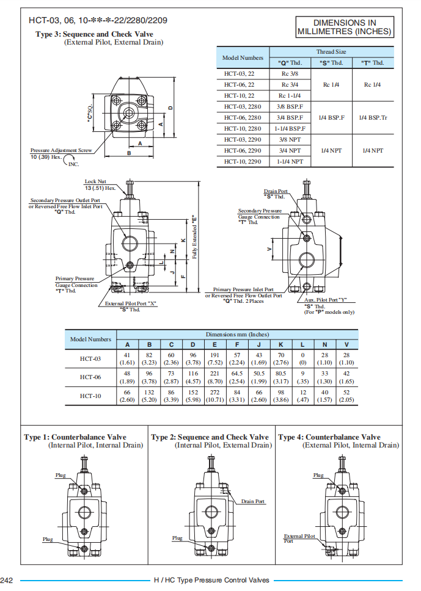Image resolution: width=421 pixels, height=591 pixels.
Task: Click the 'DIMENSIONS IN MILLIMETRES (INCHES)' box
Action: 345,27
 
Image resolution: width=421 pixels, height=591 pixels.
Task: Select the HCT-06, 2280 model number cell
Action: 243,117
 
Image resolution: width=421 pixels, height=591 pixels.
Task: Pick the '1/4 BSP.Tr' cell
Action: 373,117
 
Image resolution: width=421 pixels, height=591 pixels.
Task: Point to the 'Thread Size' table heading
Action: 331,52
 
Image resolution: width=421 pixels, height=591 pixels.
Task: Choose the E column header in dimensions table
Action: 215,345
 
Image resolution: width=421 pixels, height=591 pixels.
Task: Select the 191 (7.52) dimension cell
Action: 215,358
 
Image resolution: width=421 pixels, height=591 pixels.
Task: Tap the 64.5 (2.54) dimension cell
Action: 237,377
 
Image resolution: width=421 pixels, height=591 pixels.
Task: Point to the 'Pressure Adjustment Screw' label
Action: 61,150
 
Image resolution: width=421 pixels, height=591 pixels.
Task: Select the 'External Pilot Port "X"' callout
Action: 131,303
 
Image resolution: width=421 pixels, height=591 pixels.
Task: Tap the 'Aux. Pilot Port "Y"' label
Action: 326,300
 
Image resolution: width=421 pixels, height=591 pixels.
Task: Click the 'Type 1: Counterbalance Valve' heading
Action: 75,437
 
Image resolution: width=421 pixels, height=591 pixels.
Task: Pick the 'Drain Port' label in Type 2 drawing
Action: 253,501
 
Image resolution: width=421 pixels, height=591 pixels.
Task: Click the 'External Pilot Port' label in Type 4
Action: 299,538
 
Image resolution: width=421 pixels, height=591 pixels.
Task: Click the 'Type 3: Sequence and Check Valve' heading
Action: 95,34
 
